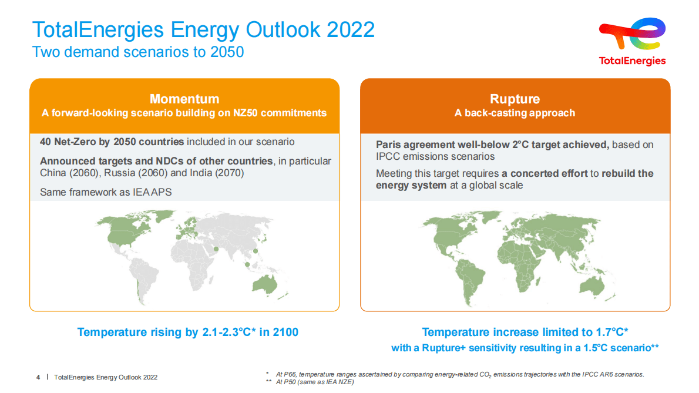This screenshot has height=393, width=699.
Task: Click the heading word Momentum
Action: click(x=184, y=99)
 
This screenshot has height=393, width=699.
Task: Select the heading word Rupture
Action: click(x=515, y=99)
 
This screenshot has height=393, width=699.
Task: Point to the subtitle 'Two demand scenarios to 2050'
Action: click(x=138, y=52)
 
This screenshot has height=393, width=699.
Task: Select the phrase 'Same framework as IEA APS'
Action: click(x=106, y=192)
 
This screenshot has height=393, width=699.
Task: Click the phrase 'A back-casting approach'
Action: click(x=515, y=113)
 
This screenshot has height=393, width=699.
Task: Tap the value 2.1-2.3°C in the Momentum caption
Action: click(x=225, y=332)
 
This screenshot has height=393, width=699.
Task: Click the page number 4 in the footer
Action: click(x=38, y=377)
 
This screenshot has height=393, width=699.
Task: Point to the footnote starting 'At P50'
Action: click(x=314, y=382)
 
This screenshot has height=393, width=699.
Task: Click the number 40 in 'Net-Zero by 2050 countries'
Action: click(x=46, y=142)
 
